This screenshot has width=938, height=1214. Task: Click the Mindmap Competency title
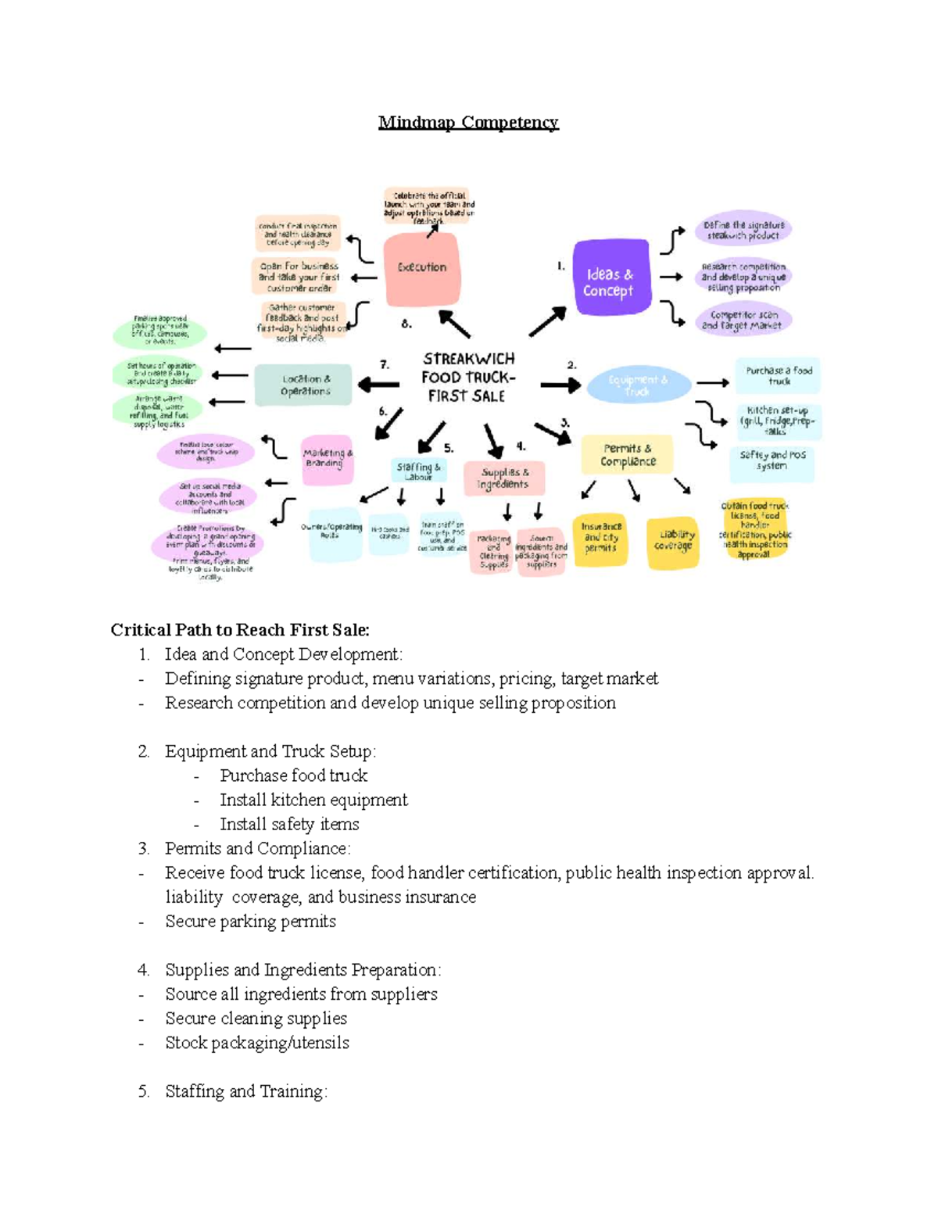click(468, 122)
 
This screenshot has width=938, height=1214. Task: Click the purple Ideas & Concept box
click(610, 278)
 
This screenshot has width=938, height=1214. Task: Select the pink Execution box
click(422, 269)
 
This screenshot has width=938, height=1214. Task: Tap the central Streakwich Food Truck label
click(467, 378)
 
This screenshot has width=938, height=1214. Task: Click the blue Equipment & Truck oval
click(639, 385)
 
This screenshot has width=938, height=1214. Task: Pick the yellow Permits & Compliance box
click(627, 455)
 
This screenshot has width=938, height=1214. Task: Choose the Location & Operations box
click(306, 385)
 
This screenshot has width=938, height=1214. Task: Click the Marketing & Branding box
click(328, 459)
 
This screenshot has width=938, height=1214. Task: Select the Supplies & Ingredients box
click(504, 478)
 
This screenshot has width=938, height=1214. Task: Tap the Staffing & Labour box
click(419, 471)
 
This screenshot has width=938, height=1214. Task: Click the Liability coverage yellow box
click(674, 541)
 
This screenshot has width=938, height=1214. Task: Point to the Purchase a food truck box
click(779, 376)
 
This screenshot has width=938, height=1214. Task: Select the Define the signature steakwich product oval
click(743, 230)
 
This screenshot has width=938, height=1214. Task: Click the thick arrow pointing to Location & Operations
click(378, 385)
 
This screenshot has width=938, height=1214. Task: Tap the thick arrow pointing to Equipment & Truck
click(560, 385)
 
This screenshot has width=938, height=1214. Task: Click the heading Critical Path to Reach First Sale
click(240, 630)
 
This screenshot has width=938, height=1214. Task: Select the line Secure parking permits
click(250, 922)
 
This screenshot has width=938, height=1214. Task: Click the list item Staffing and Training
click(245, 1091)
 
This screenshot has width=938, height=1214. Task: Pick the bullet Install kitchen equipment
click(313, 800)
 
